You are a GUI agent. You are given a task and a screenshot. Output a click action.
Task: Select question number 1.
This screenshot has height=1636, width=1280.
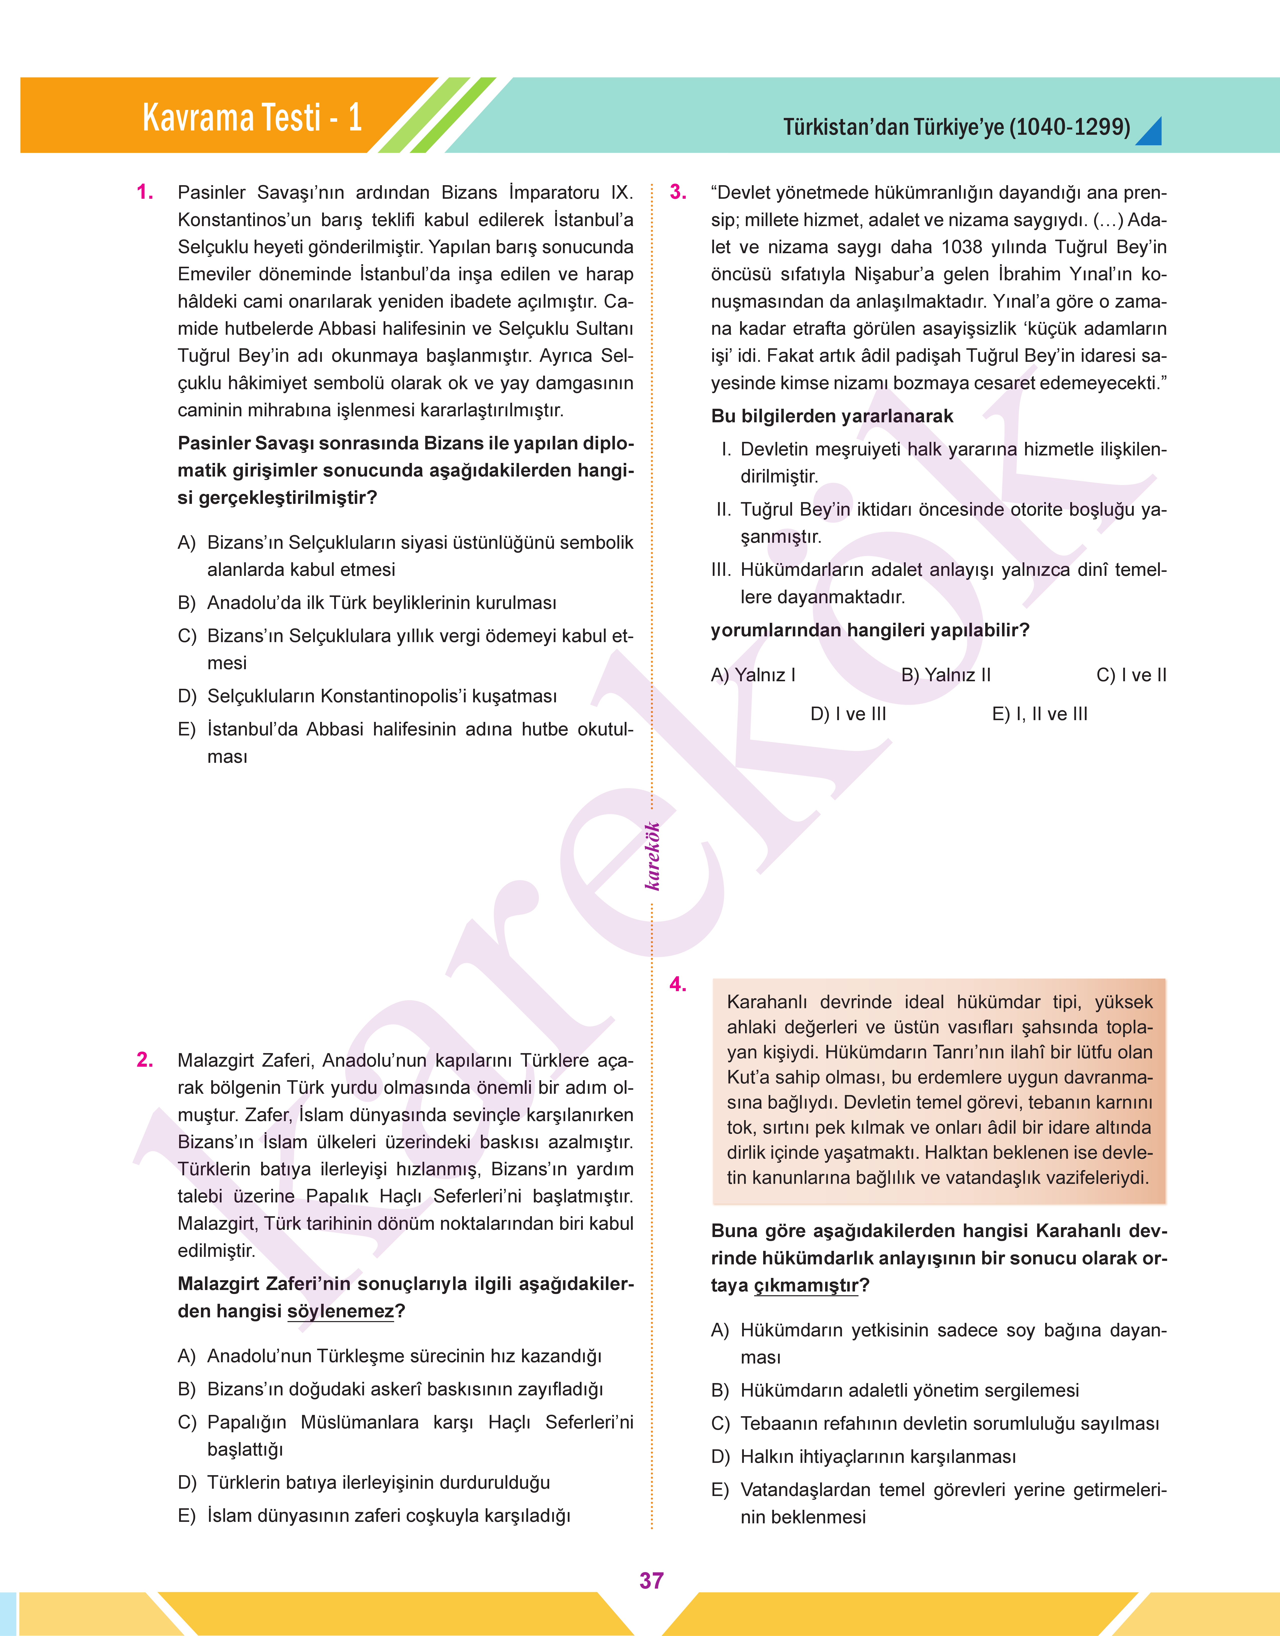pos(145,193)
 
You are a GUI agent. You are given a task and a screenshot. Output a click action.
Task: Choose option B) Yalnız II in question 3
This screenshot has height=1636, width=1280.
pos(946,675)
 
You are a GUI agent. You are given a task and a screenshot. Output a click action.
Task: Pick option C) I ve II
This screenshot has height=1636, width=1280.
pos(1131,675)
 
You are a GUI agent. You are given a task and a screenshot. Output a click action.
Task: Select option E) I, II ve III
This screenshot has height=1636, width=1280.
pos(1039,714)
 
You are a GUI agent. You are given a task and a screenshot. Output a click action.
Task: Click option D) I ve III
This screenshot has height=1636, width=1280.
pos(847,714)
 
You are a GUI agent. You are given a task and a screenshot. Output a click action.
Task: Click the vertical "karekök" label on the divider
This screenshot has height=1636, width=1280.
pos(653,856)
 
